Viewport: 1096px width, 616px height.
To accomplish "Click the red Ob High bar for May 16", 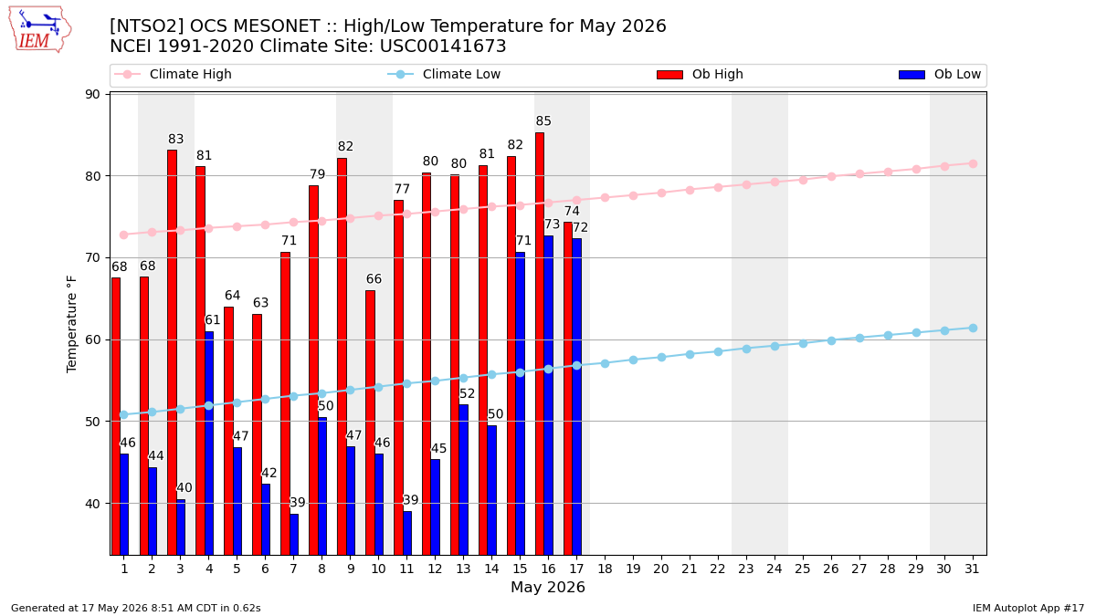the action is pyautogui.click(x=540, y=344).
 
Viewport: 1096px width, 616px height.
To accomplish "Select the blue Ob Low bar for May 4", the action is pyautogui.click(x=209, y=444).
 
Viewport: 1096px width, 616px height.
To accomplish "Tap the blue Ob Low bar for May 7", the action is pyautogui.click(x=293, y=535).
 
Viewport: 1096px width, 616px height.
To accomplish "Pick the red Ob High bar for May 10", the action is pyautogui.click(x=371, y=423).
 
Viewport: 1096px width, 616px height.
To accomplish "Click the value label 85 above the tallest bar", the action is pyautogui.click(x=543, y=120).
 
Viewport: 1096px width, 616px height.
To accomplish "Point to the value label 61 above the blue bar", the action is pyautogui.click(x=212, y=319).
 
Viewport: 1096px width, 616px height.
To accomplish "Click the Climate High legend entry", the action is pyautogui.click(x=173, y=74).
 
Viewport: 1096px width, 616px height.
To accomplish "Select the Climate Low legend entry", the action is pyautogui.click(x=444, y=74).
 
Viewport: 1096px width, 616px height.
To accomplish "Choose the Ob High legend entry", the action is pyautogui.click(x=700, y=74).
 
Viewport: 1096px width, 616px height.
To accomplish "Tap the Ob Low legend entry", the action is pyautogui.click(x=940, y=74).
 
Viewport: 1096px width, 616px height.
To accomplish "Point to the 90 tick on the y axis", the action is pyautogui.click(x=92, y=94).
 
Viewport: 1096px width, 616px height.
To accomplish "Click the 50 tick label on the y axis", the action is pyautogui.click(x=92, y=422).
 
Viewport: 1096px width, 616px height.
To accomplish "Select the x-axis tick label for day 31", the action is pyautogui.click(x=972, y=569).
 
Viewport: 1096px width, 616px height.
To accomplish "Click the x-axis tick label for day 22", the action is pyautogui.click(x=718, y=569).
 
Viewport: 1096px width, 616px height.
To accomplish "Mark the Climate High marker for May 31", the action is pyautogui.click(x=973, y=163).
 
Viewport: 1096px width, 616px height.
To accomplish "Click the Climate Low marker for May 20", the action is pyautogui.click(x=661, y=358).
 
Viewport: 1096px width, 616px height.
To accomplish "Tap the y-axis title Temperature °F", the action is pyautogui.click(x=71, y=324).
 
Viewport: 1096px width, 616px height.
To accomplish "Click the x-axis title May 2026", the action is pyautogui.click(x=547, y=587).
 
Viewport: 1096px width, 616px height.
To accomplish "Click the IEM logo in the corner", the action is pyautogui.click(x=40, y=30).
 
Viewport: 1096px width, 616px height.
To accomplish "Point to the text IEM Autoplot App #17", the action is pyautogui.click(x=1028, y=608).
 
